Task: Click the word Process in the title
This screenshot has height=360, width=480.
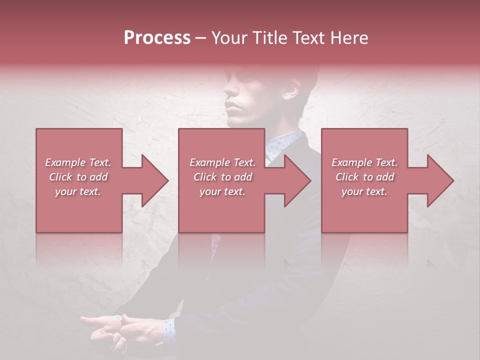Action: tap(157, 38)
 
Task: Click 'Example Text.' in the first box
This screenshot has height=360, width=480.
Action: tap(78, 162)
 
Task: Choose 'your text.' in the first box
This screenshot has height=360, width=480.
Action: tap(78, 191)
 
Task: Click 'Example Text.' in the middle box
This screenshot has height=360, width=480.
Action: tap(222, 162)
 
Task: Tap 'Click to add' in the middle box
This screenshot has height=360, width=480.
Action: tap(222, 177)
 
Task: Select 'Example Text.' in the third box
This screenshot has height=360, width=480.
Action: tap(364, 162)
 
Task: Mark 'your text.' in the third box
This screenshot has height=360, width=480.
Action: tap(364, 191)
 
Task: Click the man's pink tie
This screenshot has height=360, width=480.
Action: tap(215, 243)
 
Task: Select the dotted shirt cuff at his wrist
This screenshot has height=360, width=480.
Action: tap(168, 330)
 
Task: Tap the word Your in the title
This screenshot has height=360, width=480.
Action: tap(228, 38)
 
